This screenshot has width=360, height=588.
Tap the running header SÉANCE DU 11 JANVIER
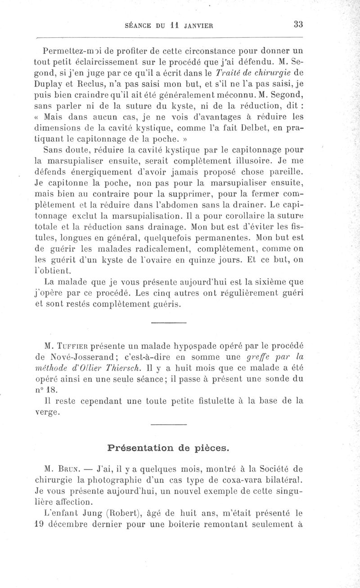[175, 26]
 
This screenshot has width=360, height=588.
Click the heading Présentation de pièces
[168, 448]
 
